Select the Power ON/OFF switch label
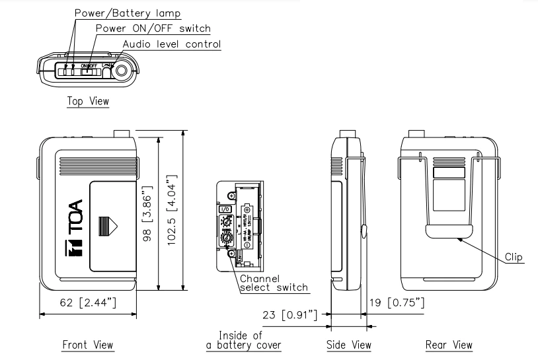(x=153, y=28)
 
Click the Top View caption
(x=88, y=101)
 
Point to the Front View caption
(x=87, y=344)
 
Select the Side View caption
(x=349, y=344)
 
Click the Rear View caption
(x=450, y=344)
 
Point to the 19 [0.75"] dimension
(x=396, y=303)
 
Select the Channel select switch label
(x=267, y=283)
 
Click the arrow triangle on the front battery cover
(x=107, y=225)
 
